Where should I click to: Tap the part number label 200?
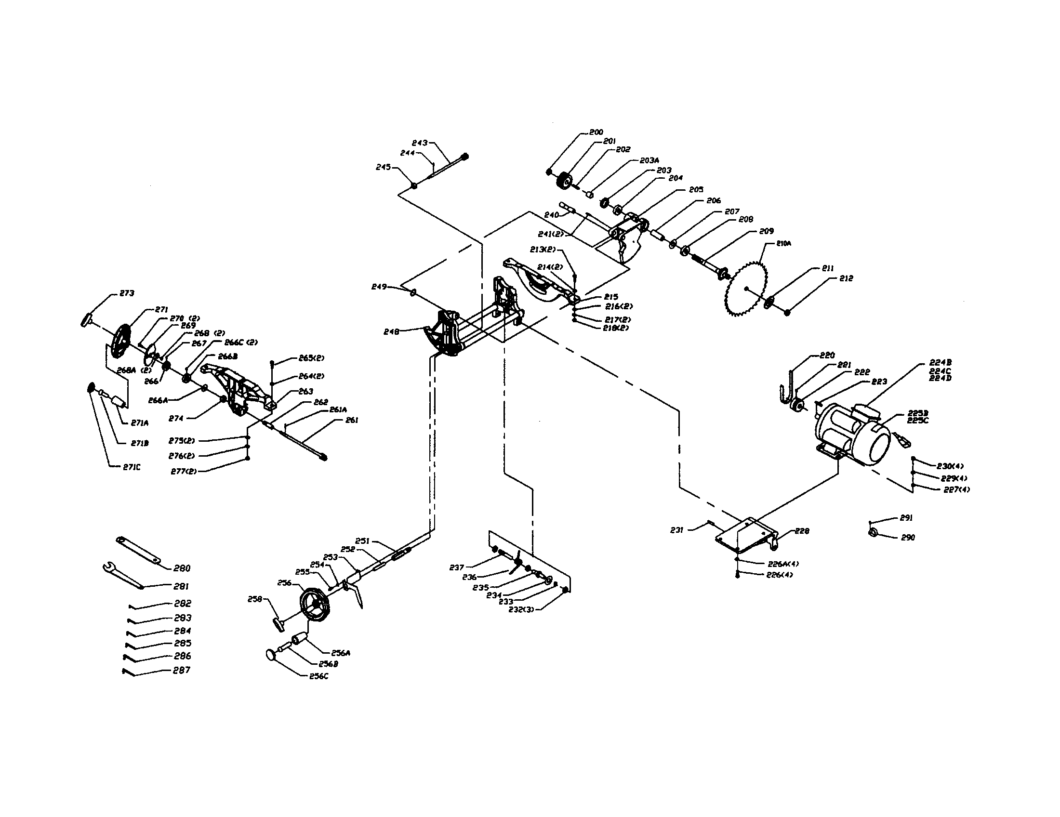[x=596, y=132]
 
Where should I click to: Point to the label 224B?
[x=940, y=362]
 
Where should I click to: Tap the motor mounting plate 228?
[x=746, y=537]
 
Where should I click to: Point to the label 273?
[x=127, y=293]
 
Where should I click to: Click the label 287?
[x=182, y=670]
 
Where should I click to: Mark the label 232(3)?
[x=521, y=610]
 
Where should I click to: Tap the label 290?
[x=908, y=538]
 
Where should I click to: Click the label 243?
[x=420, y=143]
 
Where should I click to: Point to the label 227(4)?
[x=956, y=489]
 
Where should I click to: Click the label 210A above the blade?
[x=784, y=244]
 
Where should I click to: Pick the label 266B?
[x=227, y=356]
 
